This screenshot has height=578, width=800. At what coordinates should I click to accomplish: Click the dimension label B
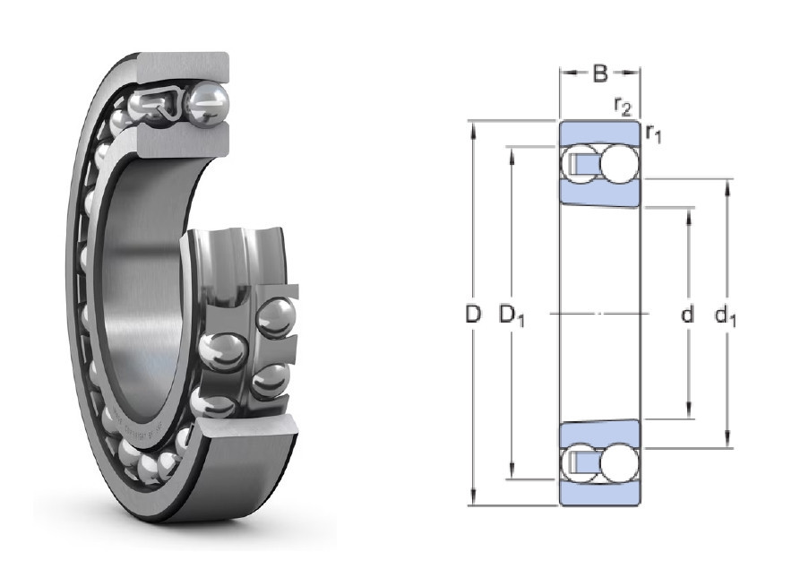(600, 74)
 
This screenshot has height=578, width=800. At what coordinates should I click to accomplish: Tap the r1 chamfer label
(654, 134)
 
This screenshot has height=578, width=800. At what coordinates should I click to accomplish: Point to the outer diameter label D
(473, 315)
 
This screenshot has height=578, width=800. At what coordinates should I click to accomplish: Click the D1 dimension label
(512, 315)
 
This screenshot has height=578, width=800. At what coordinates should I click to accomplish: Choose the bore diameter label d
(688, 315)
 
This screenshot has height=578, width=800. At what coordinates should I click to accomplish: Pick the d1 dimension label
(726, 315)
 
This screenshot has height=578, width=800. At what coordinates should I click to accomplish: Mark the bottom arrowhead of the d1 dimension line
(727, 439)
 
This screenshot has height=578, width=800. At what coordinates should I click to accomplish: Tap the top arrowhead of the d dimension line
(689, 217)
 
